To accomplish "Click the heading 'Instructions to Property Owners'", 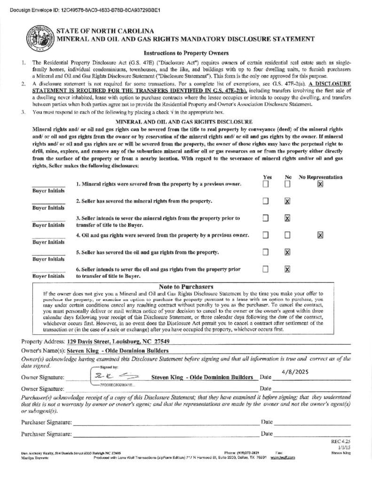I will coord(186,53).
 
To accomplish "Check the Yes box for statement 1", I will coord(266,184).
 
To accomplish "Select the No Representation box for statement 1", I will coord(320,184).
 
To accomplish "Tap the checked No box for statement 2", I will coord(287,201).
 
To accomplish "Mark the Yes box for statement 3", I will coord(266,218).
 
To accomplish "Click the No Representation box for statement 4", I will coord(320,235).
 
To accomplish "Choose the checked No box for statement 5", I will coord(287,252).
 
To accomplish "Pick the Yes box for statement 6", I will coord(266,269).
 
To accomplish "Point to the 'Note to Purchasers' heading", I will coord(186,287).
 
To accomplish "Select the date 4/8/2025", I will coord(295,372).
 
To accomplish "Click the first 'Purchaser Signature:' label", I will coord(47,422).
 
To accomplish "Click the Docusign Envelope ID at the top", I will coord(85,9).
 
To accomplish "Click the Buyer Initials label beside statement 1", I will coord(48,191).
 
